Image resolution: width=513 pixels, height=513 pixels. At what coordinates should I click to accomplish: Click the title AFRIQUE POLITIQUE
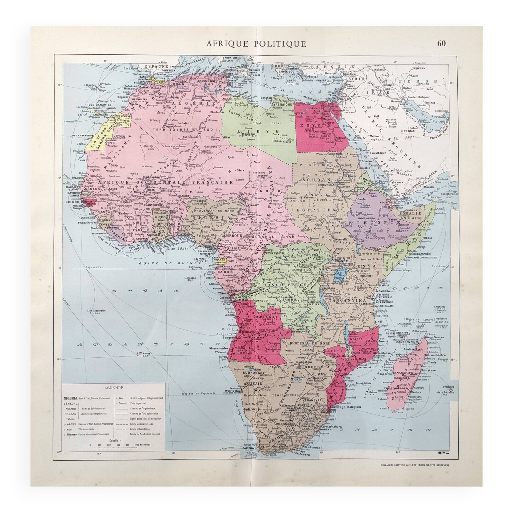[x=256, y=44]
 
